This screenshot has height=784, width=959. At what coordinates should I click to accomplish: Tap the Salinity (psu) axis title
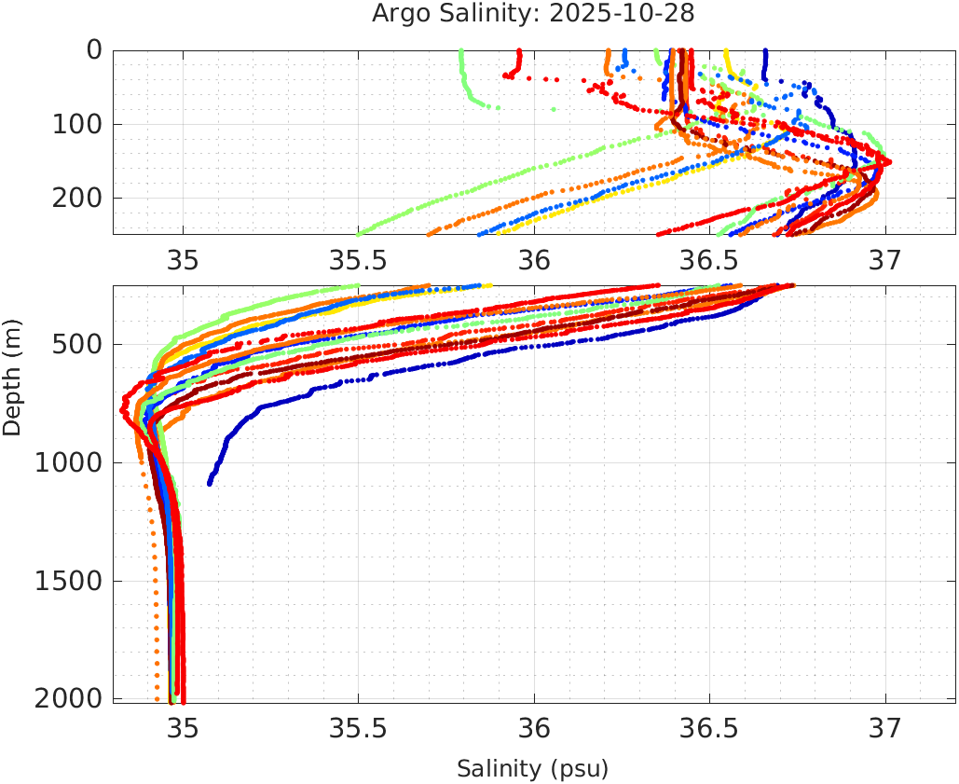532,769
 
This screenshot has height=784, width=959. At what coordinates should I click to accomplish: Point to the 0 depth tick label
94,49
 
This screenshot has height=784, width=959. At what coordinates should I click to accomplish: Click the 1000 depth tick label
68,462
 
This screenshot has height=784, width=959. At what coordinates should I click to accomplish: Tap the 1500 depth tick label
68,580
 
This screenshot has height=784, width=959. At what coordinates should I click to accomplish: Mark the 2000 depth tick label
68,698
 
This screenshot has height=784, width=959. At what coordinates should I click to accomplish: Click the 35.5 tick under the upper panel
358,257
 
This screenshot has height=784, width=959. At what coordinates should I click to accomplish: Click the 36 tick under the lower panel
533,726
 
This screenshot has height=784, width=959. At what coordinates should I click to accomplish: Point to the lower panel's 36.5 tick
709,726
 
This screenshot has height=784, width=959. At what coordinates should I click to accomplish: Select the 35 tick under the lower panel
183,726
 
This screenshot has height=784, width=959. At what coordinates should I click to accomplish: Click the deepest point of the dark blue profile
210,483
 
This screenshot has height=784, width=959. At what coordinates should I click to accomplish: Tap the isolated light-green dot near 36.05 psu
554,109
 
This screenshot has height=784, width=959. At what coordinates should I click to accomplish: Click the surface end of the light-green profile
461,52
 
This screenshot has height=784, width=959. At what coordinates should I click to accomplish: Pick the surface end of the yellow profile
727,52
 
